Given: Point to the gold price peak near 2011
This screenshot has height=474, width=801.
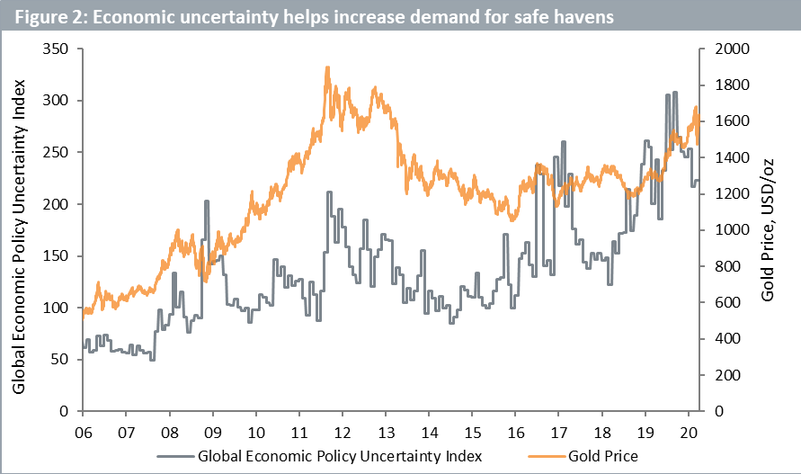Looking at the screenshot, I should point(327,67).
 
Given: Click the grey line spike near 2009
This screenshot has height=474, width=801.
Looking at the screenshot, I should point(207,201).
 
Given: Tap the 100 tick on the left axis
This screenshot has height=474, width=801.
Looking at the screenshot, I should point(59,308).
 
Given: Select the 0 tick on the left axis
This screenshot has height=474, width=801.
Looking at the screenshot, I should point(66,411).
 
